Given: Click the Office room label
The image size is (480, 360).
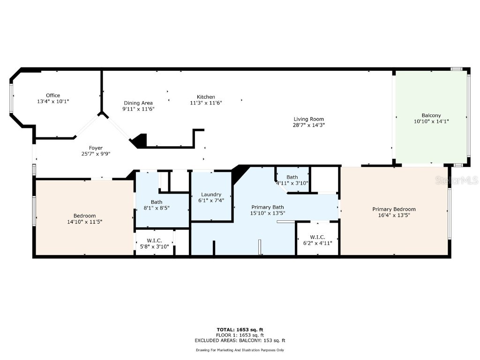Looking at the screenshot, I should click(52, 95).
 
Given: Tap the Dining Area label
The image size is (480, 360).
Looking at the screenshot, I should click(138, 103).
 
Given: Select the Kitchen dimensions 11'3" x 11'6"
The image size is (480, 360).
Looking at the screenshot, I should click(206, 103).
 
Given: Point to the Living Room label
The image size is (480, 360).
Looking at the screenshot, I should click(308, 119).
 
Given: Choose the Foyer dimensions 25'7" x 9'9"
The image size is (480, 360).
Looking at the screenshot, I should click(96, 154).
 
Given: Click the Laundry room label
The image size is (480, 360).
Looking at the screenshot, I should click(211, 195).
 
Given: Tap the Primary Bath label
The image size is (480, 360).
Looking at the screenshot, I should click(268, 207).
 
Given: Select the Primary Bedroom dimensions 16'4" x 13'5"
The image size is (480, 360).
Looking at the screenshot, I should click(394, 215).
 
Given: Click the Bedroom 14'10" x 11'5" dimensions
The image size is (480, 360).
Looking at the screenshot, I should click(84, 222).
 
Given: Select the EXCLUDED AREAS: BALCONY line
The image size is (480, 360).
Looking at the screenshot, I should click(240, 341).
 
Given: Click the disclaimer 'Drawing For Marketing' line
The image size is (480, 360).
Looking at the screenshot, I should click(240, 350).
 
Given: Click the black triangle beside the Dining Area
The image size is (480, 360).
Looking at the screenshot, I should click(140, 141).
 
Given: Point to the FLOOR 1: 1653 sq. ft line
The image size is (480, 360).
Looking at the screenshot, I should click(240, 335).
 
